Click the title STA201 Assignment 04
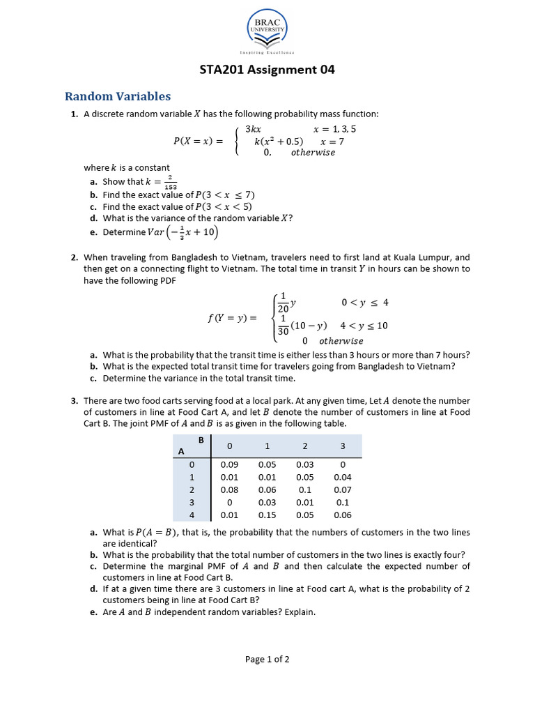pos(267,70)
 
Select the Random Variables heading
pos(118,96)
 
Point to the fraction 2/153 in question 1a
pos(171,183)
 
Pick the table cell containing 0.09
pos(229,464)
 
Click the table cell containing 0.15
pos(267,515)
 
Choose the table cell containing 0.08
pos(229,490)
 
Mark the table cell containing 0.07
pos(343,490)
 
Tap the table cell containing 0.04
pos(343,478)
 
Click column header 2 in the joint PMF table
pos(304,445)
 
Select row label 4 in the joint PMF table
pos(191,515)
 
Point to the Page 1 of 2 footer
pos(267,659)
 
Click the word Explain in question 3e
pos(298,612)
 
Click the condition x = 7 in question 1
pos(332,141)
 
